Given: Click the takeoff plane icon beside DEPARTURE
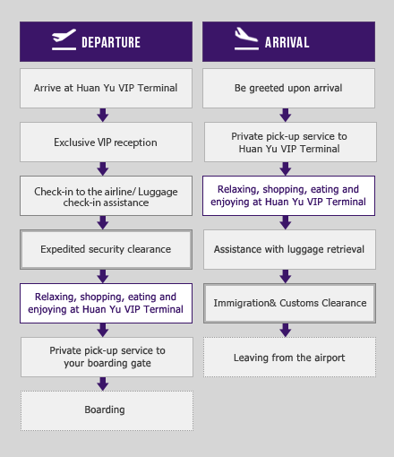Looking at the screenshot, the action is click(64, 39).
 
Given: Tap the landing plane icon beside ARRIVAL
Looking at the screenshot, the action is click(246, 39).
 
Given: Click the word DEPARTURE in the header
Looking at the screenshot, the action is click(111, 42).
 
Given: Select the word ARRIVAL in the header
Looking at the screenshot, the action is click(287, 42).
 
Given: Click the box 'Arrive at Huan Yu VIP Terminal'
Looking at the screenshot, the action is click(106, 88).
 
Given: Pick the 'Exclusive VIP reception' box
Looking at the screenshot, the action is click(106, 142).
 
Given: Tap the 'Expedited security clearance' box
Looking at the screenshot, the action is click(106, 249).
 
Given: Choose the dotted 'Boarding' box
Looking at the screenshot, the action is click(107, 410).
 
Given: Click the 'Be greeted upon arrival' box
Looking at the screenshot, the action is click(288, 88).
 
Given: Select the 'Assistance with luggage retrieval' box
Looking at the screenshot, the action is click(289, 249).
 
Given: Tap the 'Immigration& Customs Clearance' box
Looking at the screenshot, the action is click(289, 303).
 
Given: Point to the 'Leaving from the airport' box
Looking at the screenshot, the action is click(289, 358).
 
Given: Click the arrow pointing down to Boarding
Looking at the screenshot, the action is click(103, 384).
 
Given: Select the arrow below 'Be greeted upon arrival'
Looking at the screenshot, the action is click(286, 115).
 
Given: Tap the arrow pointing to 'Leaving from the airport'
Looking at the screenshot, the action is click(286, 330).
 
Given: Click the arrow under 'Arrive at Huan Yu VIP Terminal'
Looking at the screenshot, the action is click(103, 115).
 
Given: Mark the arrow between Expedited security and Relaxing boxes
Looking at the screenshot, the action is click(103, 276).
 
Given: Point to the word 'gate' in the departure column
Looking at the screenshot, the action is click(140, 364).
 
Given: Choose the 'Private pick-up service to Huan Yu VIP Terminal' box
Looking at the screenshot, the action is click(290, 142).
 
